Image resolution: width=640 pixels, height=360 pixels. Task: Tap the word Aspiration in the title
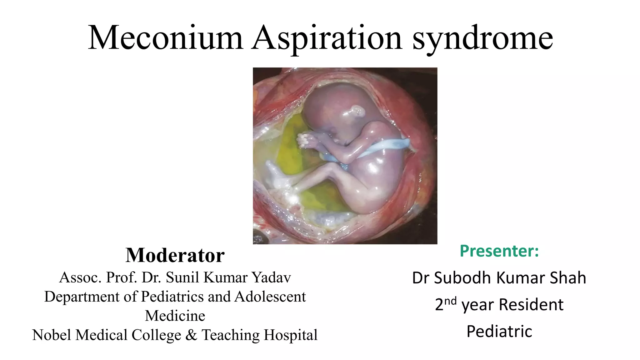327,38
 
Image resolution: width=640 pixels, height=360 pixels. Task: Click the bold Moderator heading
175,255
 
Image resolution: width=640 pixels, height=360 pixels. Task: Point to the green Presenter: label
499,251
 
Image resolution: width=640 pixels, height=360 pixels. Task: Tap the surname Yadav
271,277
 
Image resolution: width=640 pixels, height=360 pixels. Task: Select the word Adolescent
270,297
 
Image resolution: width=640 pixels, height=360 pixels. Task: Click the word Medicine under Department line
175,316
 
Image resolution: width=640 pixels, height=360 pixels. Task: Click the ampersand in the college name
191,335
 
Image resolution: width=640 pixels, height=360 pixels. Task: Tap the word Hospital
290,335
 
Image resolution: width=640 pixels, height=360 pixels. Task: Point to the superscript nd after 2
450,301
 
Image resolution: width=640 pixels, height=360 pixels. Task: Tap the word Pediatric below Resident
499,331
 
